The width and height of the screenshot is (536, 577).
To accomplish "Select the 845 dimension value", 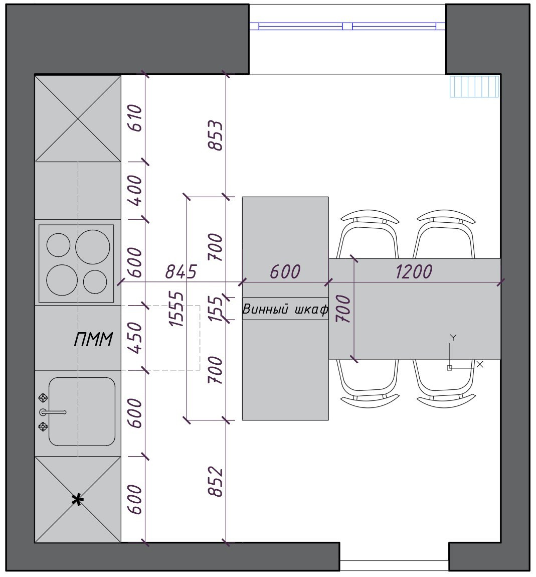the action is (x=181, y=271).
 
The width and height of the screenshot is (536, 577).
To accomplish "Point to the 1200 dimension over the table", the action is (x=414, y=271).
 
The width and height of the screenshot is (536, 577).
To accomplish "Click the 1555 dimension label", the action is (x=175, y=309).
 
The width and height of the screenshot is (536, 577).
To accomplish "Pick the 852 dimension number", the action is (x=216, y=481).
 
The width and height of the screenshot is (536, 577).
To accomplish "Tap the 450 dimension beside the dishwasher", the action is (x=135, y=338).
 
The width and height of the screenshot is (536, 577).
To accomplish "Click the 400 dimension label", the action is (x=135, y=190).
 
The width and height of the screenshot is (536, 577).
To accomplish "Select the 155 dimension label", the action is (x=216, y=309).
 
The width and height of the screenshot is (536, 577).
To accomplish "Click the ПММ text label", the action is (x=93, y=339).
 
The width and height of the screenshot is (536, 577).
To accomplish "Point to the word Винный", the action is (x=265, y=309).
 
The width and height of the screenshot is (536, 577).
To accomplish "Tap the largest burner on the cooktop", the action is (x=93, y=247).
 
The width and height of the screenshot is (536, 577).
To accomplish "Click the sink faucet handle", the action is (x=53, y=412).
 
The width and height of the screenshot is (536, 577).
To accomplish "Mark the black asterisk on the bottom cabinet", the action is (x=78, y=500).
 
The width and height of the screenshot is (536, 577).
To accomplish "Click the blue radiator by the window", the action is (x=474, y=86).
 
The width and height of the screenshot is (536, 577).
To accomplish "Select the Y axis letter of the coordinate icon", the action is (x=453, y=338).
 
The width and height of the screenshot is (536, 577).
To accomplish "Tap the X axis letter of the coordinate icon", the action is (x=480, y=364).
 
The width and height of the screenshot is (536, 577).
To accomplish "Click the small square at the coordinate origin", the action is (x=449, y=368).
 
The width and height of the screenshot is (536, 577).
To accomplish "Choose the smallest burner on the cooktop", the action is (x=95, y=282).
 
